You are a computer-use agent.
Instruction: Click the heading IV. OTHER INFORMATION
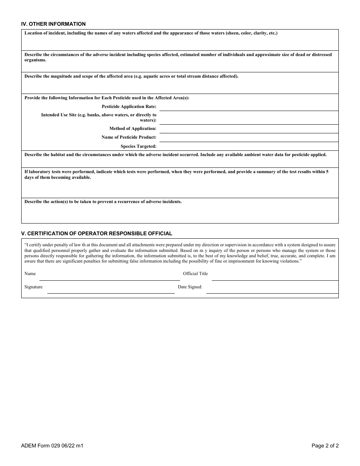click(x=53, y=24)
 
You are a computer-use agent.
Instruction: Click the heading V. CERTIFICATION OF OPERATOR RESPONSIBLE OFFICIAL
click(x=97, y=233)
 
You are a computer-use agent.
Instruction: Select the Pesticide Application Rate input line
click(x=249, y=106)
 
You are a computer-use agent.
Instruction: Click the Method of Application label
click(x=133, y=129)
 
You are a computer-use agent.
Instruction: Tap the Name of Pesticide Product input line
click(x=249, y=138)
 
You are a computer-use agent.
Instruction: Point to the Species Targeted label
click(x=138, y=146)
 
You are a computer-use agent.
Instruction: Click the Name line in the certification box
click(x=109, y=277)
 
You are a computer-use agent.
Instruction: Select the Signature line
click(x=111, y=290)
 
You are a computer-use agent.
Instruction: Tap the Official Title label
click(x=195, y=274)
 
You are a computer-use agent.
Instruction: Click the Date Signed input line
click(x=272, y=290)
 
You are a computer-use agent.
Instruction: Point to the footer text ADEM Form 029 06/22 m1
click(x=52, y=446)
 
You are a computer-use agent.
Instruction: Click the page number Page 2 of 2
click(x=325, y=446)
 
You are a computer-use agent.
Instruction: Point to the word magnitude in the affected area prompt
click(x=60, y=76)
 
